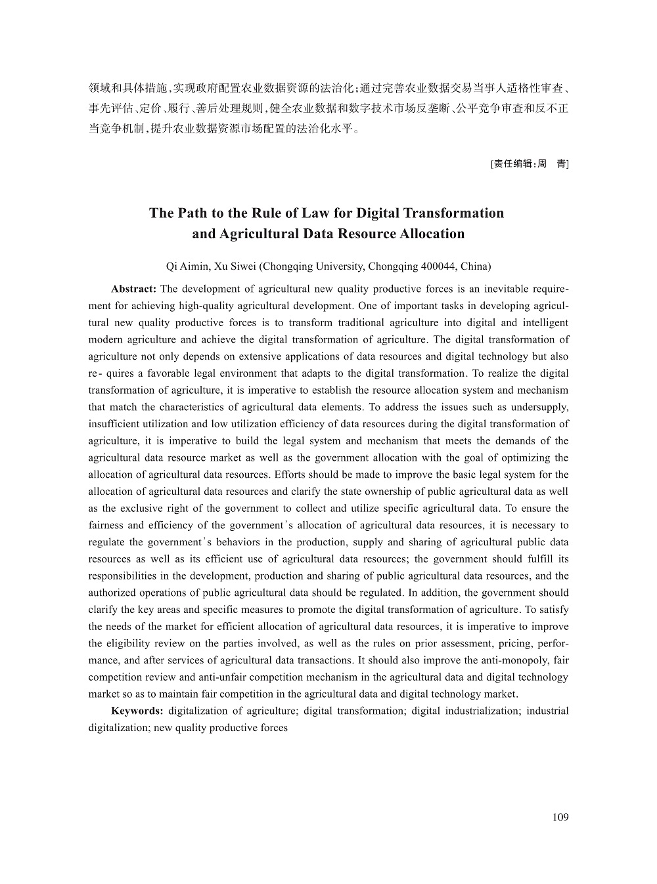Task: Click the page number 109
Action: click(x=560, y=817)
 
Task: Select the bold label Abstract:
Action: click(x=133, y=289)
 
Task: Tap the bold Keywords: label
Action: click(x=137, y=711)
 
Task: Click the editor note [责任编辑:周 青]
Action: click(x=530, y=164)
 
